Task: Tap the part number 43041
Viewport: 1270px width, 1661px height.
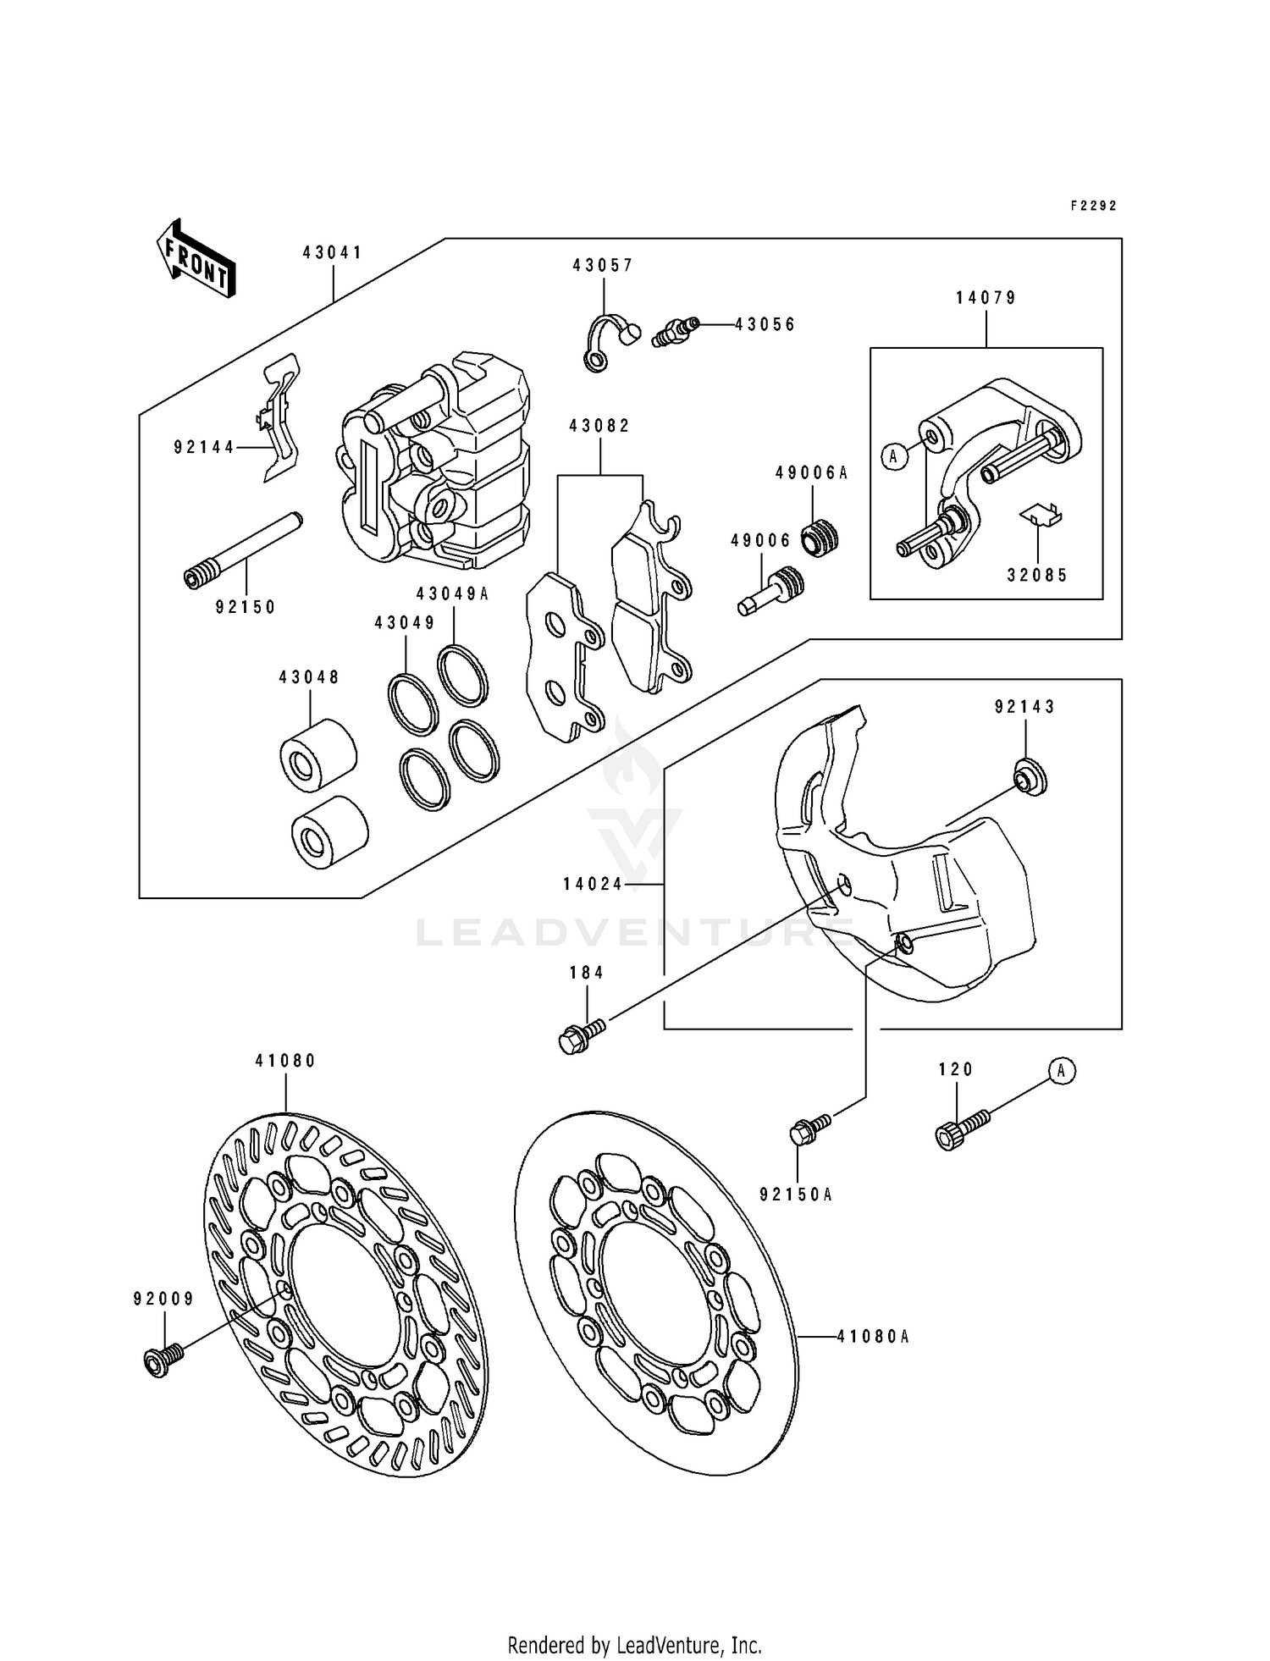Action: coord(333,252)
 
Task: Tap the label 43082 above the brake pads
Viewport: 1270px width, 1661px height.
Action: coord(599,426)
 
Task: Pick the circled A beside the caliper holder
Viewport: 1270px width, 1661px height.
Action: coord(892,457)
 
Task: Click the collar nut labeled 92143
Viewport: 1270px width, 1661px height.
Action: coord(1030,776)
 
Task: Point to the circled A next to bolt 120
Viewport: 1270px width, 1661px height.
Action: coord(1062,1071)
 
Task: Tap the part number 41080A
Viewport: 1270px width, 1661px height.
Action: coord(872,1337)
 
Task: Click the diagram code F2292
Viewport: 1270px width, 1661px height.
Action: coord(1094,206)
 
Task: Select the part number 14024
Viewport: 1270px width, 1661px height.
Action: coord(592,884)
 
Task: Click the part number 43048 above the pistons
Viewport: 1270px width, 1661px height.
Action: coord(309,677)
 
